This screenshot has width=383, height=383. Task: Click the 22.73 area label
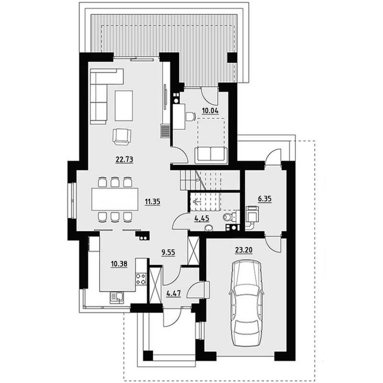coord(124,159)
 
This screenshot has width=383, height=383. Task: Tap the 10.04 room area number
coord(210,111)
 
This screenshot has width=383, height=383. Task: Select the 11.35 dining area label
coord(152,202)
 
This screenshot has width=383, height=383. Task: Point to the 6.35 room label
coord(265,199)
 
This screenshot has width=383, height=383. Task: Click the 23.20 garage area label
coord(244,250)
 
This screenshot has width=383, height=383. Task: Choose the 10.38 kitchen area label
coord(119,264)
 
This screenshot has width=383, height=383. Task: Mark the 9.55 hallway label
coord(169,252)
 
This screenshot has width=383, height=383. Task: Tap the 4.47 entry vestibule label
coord(173,293)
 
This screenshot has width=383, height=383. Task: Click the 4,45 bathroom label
coord(202,218)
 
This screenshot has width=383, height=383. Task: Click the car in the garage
coord(247,303)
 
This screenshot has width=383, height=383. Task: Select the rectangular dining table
coord(114,199)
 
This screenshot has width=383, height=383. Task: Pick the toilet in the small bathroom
coord(230,217)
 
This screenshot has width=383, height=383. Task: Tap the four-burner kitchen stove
coord(141,279)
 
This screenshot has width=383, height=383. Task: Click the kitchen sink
coord(117,298)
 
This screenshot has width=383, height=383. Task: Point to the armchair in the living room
coord(122,137)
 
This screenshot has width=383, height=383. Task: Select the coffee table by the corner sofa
coord(124,105)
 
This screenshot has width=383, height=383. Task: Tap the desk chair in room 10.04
coord(190,116)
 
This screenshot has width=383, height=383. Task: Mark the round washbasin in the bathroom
coord(209,228)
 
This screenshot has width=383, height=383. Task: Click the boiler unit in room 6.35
coord(252,214)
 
